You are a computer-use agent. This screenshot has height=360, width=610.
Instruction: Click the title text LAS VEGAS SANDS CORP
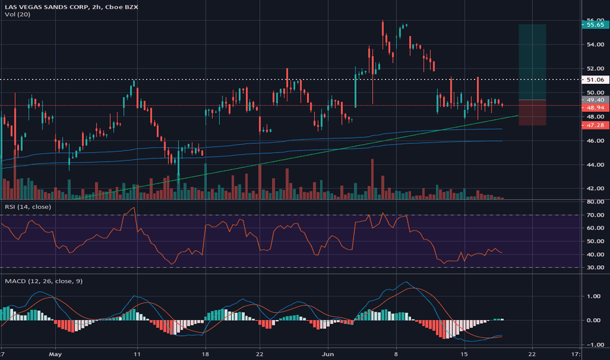click(45, 7)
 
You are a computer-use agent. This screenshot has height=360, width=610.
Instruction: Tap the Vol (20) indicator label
click(14, 16)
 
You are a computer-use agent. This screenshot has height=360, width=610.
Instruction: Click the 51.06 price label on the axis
click(594, 80)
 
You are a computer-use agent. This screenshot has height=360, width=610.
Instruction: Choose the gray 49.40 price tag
click(594, 99)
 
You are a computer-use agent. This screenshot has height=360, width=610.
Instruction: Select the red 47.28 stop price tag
click(594, 125)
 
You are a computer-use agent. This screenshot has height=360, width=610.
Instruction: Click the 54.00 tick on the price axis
click(594, 45)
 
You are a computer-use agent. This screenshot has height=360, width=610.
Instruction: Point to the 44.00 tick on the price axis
click(594, 165)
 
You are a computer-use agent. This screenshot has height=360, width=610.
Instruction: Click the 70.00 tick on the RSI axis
click(594, 215)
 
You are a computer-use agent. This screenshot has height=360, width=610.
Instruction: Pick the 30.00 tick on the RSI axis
click(594, 267)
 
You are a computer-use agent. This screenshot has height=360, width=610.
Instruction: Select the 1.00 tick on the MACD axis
click(594, 296)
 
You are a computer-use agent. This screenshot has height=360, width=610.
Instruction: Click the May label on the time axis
click(55, 353)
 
